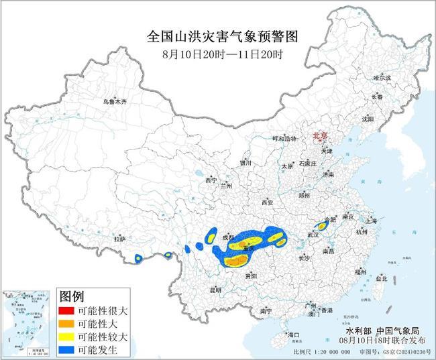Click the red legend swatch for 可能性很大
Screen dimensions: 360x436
[68, 311]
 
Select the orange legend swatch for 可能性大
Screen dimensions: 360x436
[68, 324]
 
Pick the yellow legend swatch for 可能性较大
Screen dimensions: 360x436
[68, 337]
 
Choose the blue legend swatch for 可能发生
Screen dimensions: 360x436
[68, 349]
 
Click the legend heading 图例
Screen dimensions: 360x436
[72, 296]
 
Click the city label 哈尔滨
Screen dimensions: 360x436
[382, 78]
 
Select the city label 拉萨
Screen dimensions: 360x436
[119, 239]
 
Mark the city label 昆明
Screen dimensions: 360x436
[215, 290]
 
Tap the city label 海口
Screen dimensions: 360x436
[294, 333]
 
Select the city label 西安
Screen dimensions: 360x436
[268, 202]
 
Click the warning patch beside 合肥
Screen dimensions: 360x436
[322, 227]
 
